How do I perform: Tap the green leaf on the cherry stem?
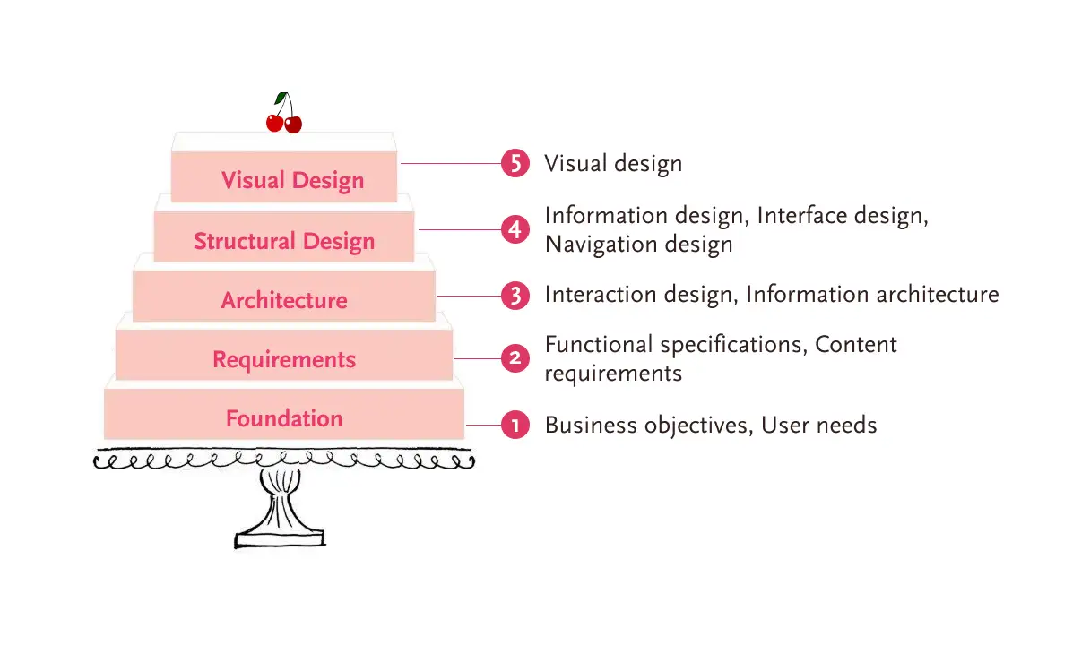(281, 98)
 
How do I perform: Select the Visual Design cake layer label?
(292, 180)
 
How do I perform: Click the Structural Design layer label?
(284, 241)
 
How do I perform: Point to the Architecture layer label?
(284, 300)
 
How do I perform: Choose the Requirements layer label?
(284, 360)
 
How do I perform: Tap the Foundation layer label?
(284, 418)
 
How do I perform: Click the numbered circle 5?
(515, 163)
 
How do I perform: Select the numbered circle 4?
(515, 229)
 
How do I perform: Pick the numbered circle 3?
(515, 296)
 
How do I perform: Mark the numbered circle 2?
(515, 358)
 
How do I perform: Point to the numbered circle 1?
(515, 426)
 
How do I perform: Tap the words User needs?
(819, 426)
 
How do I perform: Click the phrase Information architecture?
(872, 295)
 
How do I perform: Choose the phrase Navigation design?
(639, 245)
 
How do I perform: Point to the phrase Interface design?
(843, 216)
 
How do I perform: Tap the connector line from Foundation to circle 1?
(484, 426)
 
